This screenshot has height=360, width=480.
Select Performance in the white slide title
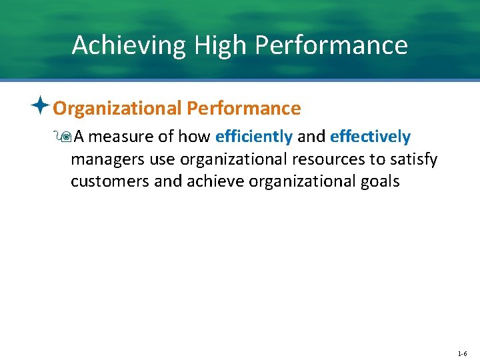pos(331,45)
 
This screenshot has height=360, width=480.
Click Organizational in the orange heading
pos(117,108)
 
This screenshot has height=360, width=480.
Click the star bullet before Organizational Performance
pos(41,106)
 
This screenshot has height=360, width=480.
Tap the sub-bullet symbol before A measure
pos(65,137)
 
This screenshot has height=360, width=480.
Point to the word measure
pos(120,137)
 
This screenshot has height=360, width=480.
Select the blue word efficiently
pos(254,137)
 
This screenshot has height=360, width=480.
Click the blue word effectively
pos(371,137)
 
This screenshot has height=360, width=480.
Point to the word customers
pos(110,181)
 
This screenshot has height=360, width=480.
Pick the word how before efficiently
pos(195,137)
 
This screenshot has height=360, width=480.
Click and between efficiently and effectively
pos(311,137)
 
